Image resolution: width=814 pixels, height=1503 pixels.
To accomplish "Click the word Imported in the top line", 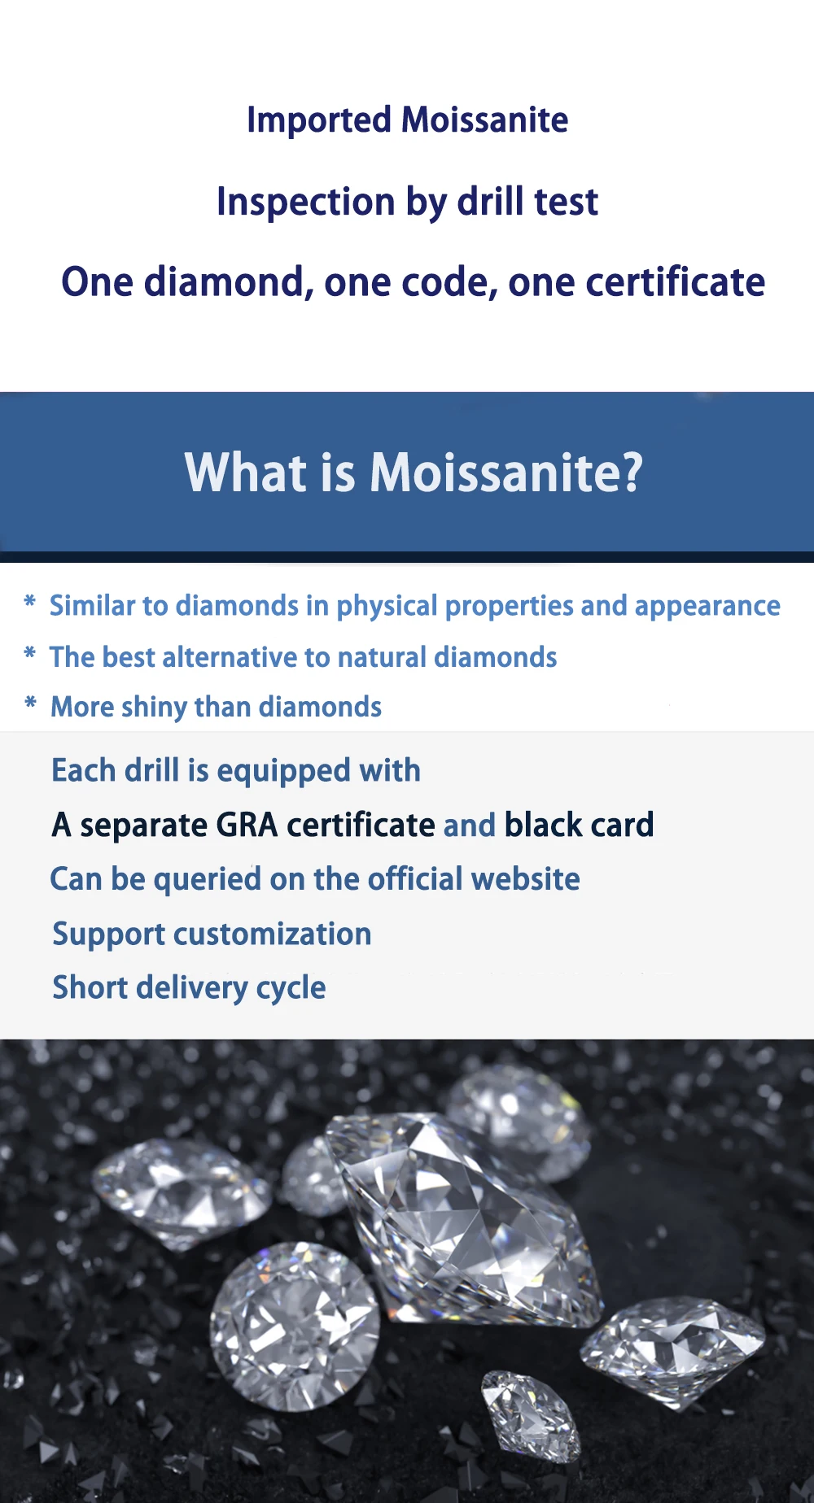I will (x=319, y=120).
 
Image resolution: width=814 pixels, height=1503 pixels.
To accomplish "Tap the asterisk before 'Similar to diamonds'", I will (x=30, y=603).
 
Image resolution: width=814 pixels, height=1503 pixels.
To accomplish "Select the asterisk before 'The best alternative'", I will (x=30, y=654).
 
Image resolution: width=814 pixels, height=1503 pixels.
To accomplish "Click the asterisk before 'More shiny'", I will (x=30, y=704).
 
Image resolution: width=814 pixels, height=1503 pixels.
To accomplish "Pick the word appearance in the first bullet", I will (x=707, y=607).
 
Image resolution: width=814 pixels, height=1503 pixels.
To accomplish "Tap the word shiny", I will (x=153, y=708).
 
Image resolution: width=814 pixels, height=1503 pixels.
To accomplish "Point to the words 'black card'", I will (x=579, y=826).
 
